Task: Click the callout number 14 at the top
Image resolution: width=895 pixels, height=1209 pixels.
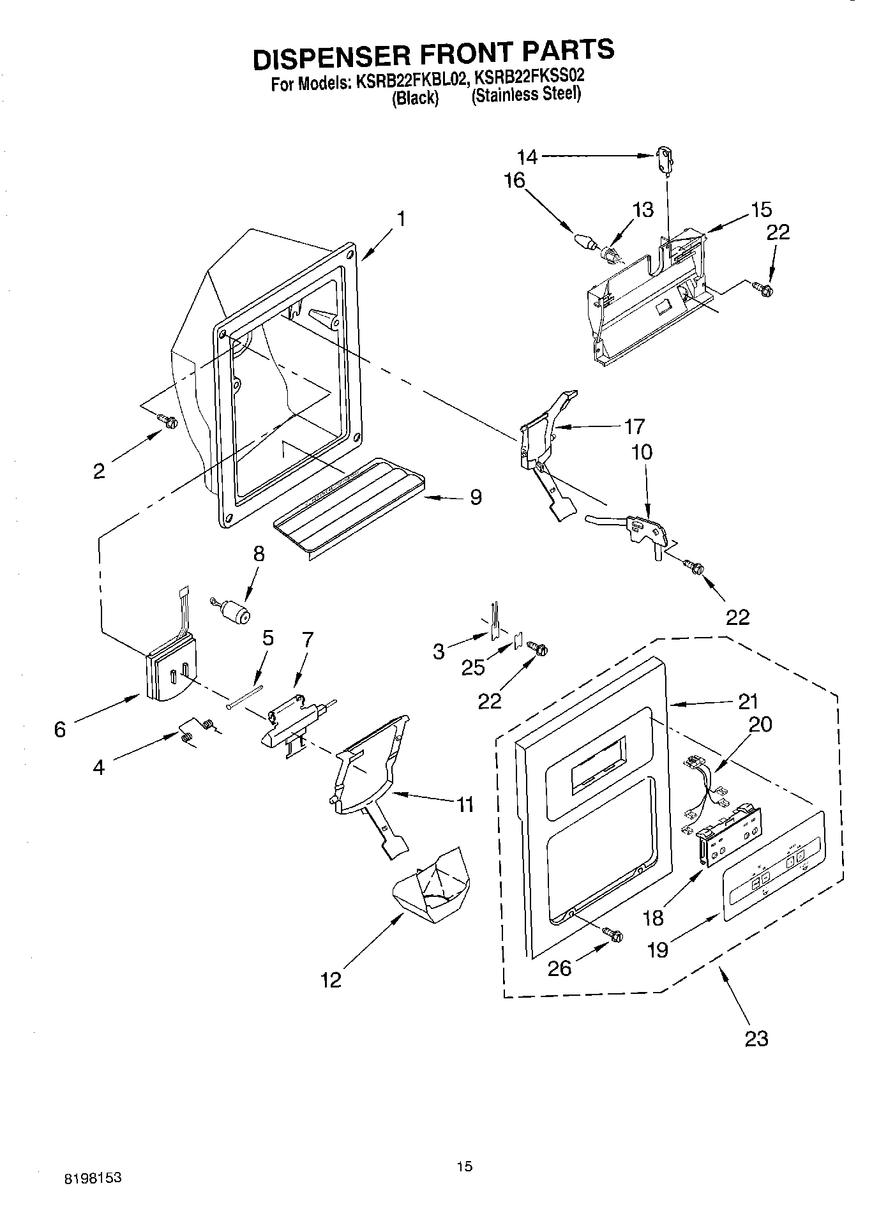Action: click(527, 156)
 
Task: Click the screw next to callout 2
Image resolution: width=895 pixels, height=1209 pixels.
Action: click(169, 421)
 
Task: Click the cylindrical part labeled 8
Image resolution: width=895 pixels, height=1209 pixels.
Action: click(237, 615)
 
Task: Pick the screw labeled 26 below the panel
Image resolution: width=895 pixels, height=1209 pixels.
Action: click(615, 935)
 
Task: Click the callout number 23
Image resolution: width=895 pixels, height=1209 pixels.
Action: click(756, 1039)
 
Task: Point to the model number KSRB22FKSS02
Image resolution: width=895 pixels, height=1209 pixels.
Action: click(527, 78)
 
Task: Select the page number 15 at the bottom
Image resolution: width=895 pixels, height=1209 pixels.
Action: click(464, 1166)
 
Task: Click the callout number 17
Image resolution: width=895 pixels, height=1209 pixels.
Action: click(635, 426)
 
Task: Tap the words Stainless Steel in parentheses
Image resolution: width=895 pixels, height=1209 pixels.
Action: click(526, 94)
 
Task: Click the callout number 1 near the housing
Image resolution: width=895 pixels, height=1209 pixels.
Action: click(400, 219)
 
